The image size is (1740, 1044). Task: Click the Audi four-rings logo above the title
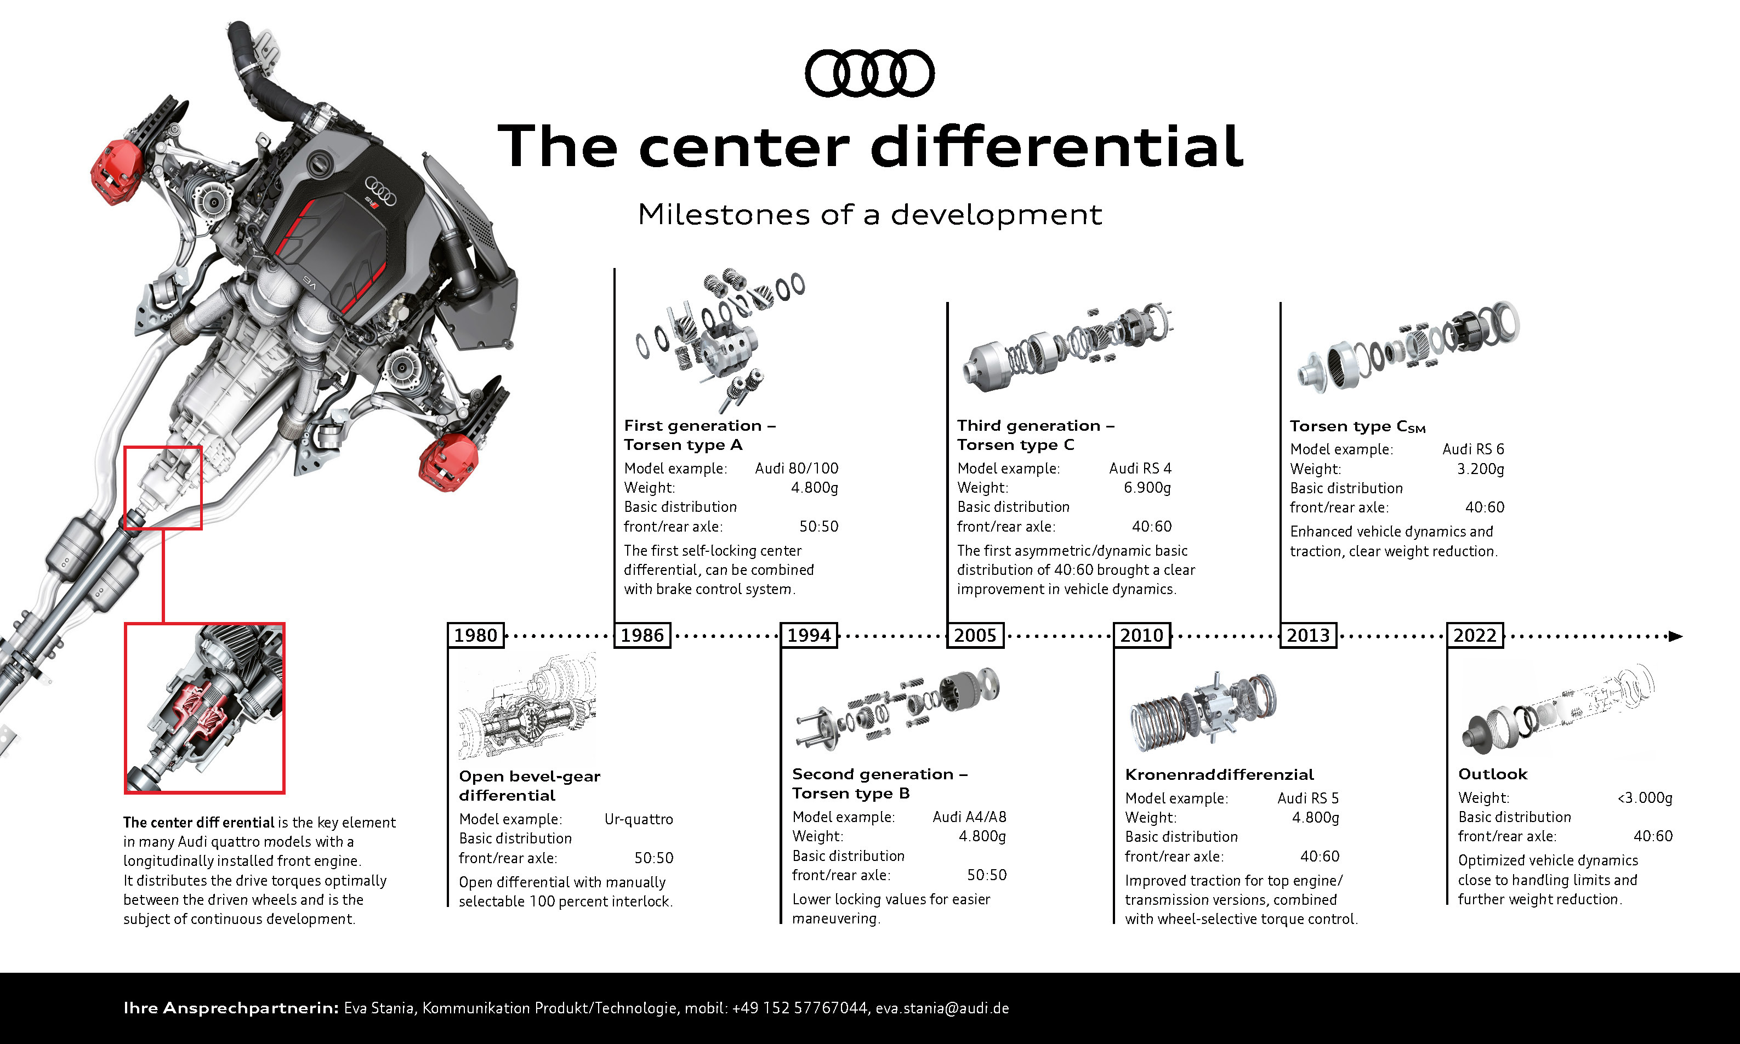point(869,73)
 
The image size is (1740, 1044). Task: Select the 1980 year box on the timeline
point(476,635)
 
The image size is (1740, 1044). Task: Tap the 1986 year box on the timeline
point(642,635)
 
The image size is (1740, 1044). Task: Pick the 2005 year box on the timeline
point(975,635)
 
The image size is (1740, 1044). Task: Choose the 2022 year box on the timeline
point(1475,635)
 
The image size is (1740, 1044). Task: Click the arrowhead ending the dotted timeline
point(1675,636)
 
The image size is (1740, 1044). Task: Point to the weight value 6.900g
point(1147,488)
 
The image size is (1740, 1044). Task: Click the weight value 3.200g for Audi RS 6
point(1480,469)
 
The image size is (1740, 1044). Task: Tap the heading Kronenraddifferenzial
point(1219,774)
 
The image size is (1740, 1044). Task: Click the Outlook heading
point(1492,774)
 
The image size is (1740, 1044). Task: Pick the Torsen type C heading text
point(1015,444)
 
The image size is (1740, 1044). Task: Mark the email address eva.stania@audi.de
point(942,1008)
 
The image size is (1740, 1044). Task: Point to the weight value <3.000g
point(1645,798)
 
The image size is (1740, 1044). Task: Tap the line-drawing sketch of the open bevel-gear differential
point(527,706)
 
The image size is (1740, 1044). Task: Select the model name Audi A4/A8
point(970,817)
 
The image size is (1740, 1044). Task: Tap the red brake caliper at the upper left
point(117,172)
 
